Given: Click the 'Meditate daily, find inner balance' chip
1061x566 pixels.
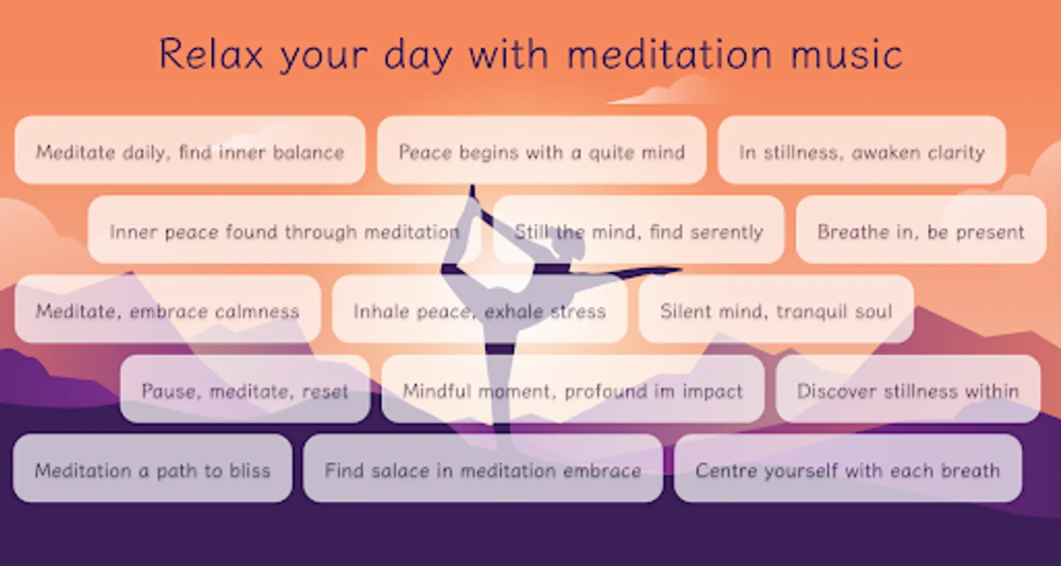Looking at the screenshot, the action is tap(190, 150).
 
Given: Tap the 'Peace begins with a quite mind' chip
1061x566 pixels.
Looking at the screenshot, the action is tap(542, 150).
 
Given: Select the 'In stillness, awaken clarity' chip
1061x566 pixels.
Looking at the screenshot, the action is tap(862, 150).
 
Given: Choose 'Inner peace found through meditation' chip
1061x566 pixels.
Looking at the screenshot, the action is tap(285, 230).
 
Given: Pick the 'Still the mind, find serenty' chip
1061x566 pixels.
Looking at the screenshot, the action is tap(639, 230).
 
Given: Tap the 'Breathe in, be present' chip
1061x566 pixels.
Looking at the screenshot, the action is tap(921, 230).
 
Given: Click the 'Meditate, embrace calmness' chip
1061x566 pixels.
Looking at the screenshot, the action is tap(168, 309).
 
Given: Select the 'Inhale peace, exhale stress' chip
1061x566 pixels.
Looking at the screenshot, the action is tap(480, 309).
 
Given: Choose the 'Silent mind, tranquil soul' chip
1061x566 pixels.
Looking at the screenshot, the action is tap(776, 309).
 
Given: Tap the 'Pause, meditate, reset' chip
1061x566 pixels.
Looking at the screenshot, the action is tap(245, 389).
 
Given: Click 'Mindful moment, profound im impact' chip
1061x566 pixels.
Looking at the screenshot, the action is tap(573, 389).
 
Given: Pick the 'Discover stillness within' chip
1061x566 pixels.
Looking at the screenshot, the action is tap(908, 389).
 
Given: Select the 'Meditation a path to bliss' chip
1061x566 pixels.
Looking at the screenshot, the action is tap(153, 469).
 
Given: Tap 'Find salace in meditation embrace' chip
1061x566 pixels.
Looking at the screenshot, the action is tap(483, 469).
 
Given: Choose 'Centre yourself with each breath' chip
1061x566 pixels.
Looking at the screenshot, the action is tap(847, 469).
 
